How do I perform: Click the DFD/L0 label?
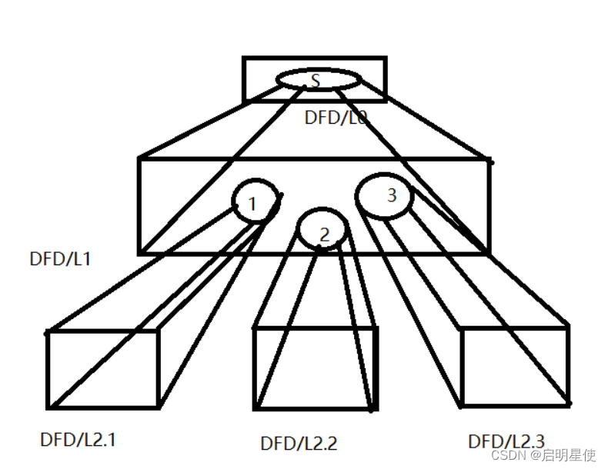336,117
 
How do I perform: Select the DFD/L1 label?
60,258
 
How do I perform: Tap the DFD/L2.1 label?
78,440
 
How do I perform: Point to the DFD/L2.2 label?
299,443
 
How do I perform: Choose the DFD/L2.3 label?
506,441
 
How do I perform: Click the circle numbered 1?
255,201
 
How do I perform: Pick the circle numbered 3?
384,196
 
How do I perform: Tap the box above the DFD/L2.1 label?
103,369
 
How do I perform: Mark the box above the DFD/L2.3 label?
514,365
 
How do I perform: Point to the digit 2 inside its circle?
324,235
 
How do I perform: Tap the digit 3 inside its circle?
391,195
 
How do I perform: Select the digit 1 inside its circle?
252,204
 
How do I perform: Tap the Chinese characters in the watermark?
570,455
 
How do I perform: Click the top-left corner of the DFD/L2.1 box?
48,333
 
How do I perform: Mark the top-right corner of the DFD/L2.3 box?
568,326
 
